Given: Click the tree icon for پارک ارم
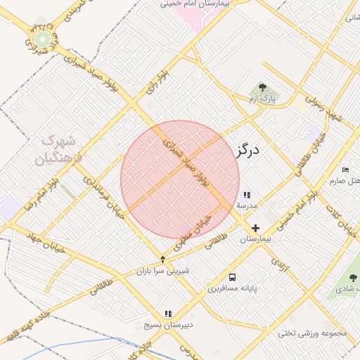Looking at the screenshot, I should (262, 88).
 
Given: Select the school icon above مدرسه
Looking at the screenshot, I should (246, 195).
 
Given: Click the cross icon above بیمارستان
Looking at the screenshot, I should (255, 228).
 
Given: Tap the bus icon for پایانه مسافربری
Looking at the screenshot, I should (233, 277).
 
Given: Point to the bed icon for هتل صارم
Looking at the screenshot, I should (345, 169).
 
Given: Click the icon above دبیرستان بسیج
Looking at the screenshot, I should (167, 314).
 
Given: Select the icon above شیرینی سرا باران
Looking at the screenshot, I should (163, 259).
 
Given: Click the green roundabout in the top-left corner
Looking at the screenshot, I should (43, 39).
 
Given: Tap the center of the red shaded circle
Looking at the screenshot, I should (180, 179).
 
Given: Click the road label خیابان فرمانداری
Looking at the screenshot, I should (103, 197).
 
